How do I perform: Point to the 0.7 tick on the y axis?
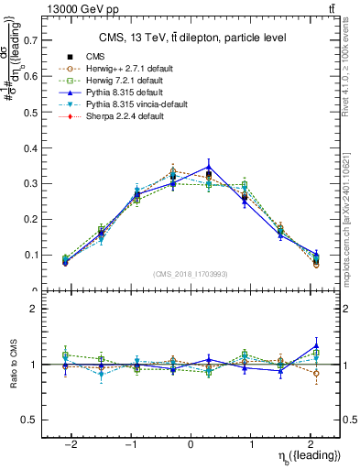(x=34, y=41)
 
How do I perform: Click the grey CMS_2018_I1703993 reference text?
(x=191, y=274)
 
